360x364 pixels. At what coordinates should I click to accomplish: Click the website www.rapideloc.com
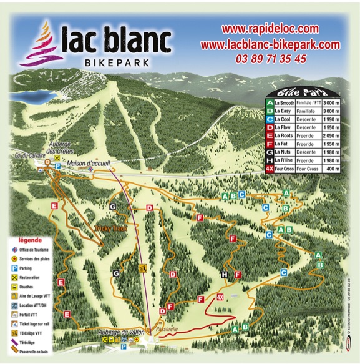pos(270,29)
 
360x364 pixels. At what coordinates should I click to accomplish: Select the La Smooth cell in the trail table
pos(286,101)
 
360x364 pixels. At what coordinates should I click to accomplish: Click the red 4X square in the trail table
pos(269,168)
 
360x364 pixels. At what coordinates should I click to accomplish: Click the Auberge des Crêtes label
pos(66,147)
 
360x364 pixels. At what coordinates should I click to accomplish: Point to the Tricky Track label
pos(111,228)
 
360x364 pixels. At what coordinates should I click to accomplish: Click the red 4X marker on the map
pos(220,296)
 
